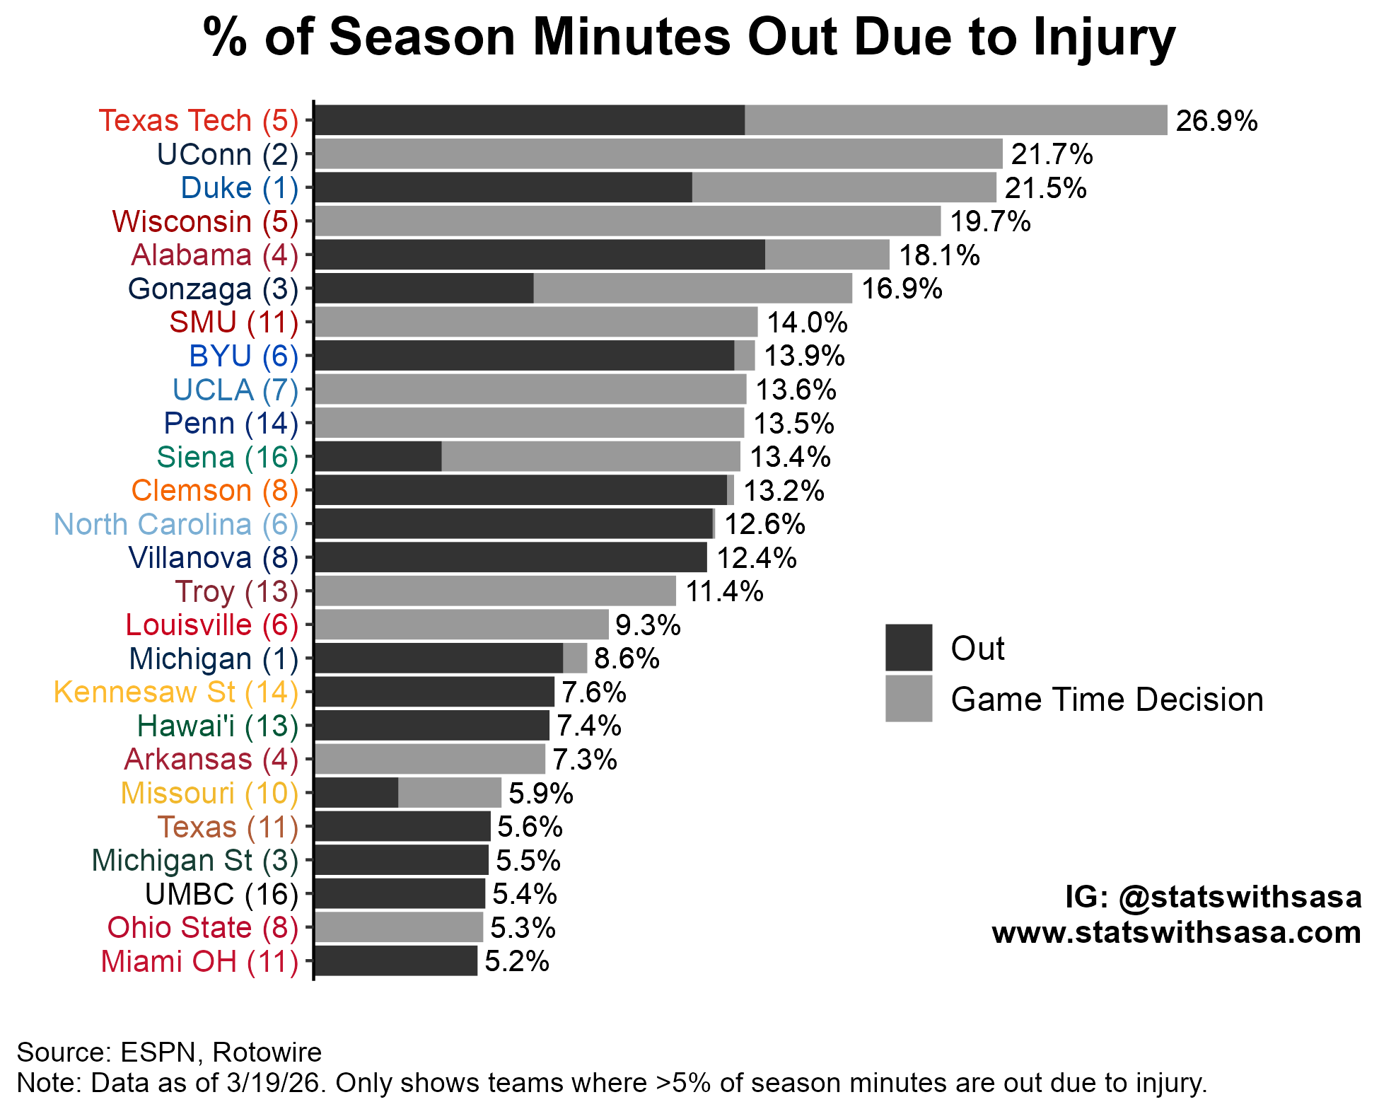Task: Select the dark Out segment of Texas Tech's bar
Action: (x=529, y=120)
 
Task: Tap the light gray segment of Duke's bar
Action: (x=844, y=187)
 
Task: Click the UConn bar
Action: (x=658, y=154)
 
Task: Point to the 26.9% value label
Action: (x=1216, y=121)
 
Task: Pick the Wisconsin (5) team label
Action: (x=205, y=221)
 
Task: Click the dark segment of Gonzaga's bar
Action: (x=424, y=289)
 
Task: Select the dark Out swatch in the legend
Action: (x=908, y=647)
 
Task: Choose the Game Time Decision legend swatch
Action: (x=908, y=698)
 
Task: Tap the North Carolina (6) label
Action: (x=176, y=524)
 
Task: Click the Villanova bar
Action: (x=510, y=557)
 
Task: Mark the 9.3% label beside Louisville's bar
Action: (x=648, y=625)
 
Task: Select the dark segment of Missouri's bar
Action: (x=356, y=793)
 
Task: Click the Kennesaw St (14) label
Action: (x=176, y=692)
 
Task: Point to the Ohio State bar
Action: (x=398, y=927)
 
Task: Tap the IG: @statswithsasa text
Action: (x=1213, y=897)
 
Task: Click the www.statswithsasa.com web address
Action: (x=1176, y=932)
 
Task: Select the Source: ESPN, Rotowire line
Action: (x=169, y=1052)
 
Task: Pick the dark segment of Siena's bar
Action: (x=378, y=457)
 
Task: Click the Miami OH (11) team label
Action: (x=199, y=962)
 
